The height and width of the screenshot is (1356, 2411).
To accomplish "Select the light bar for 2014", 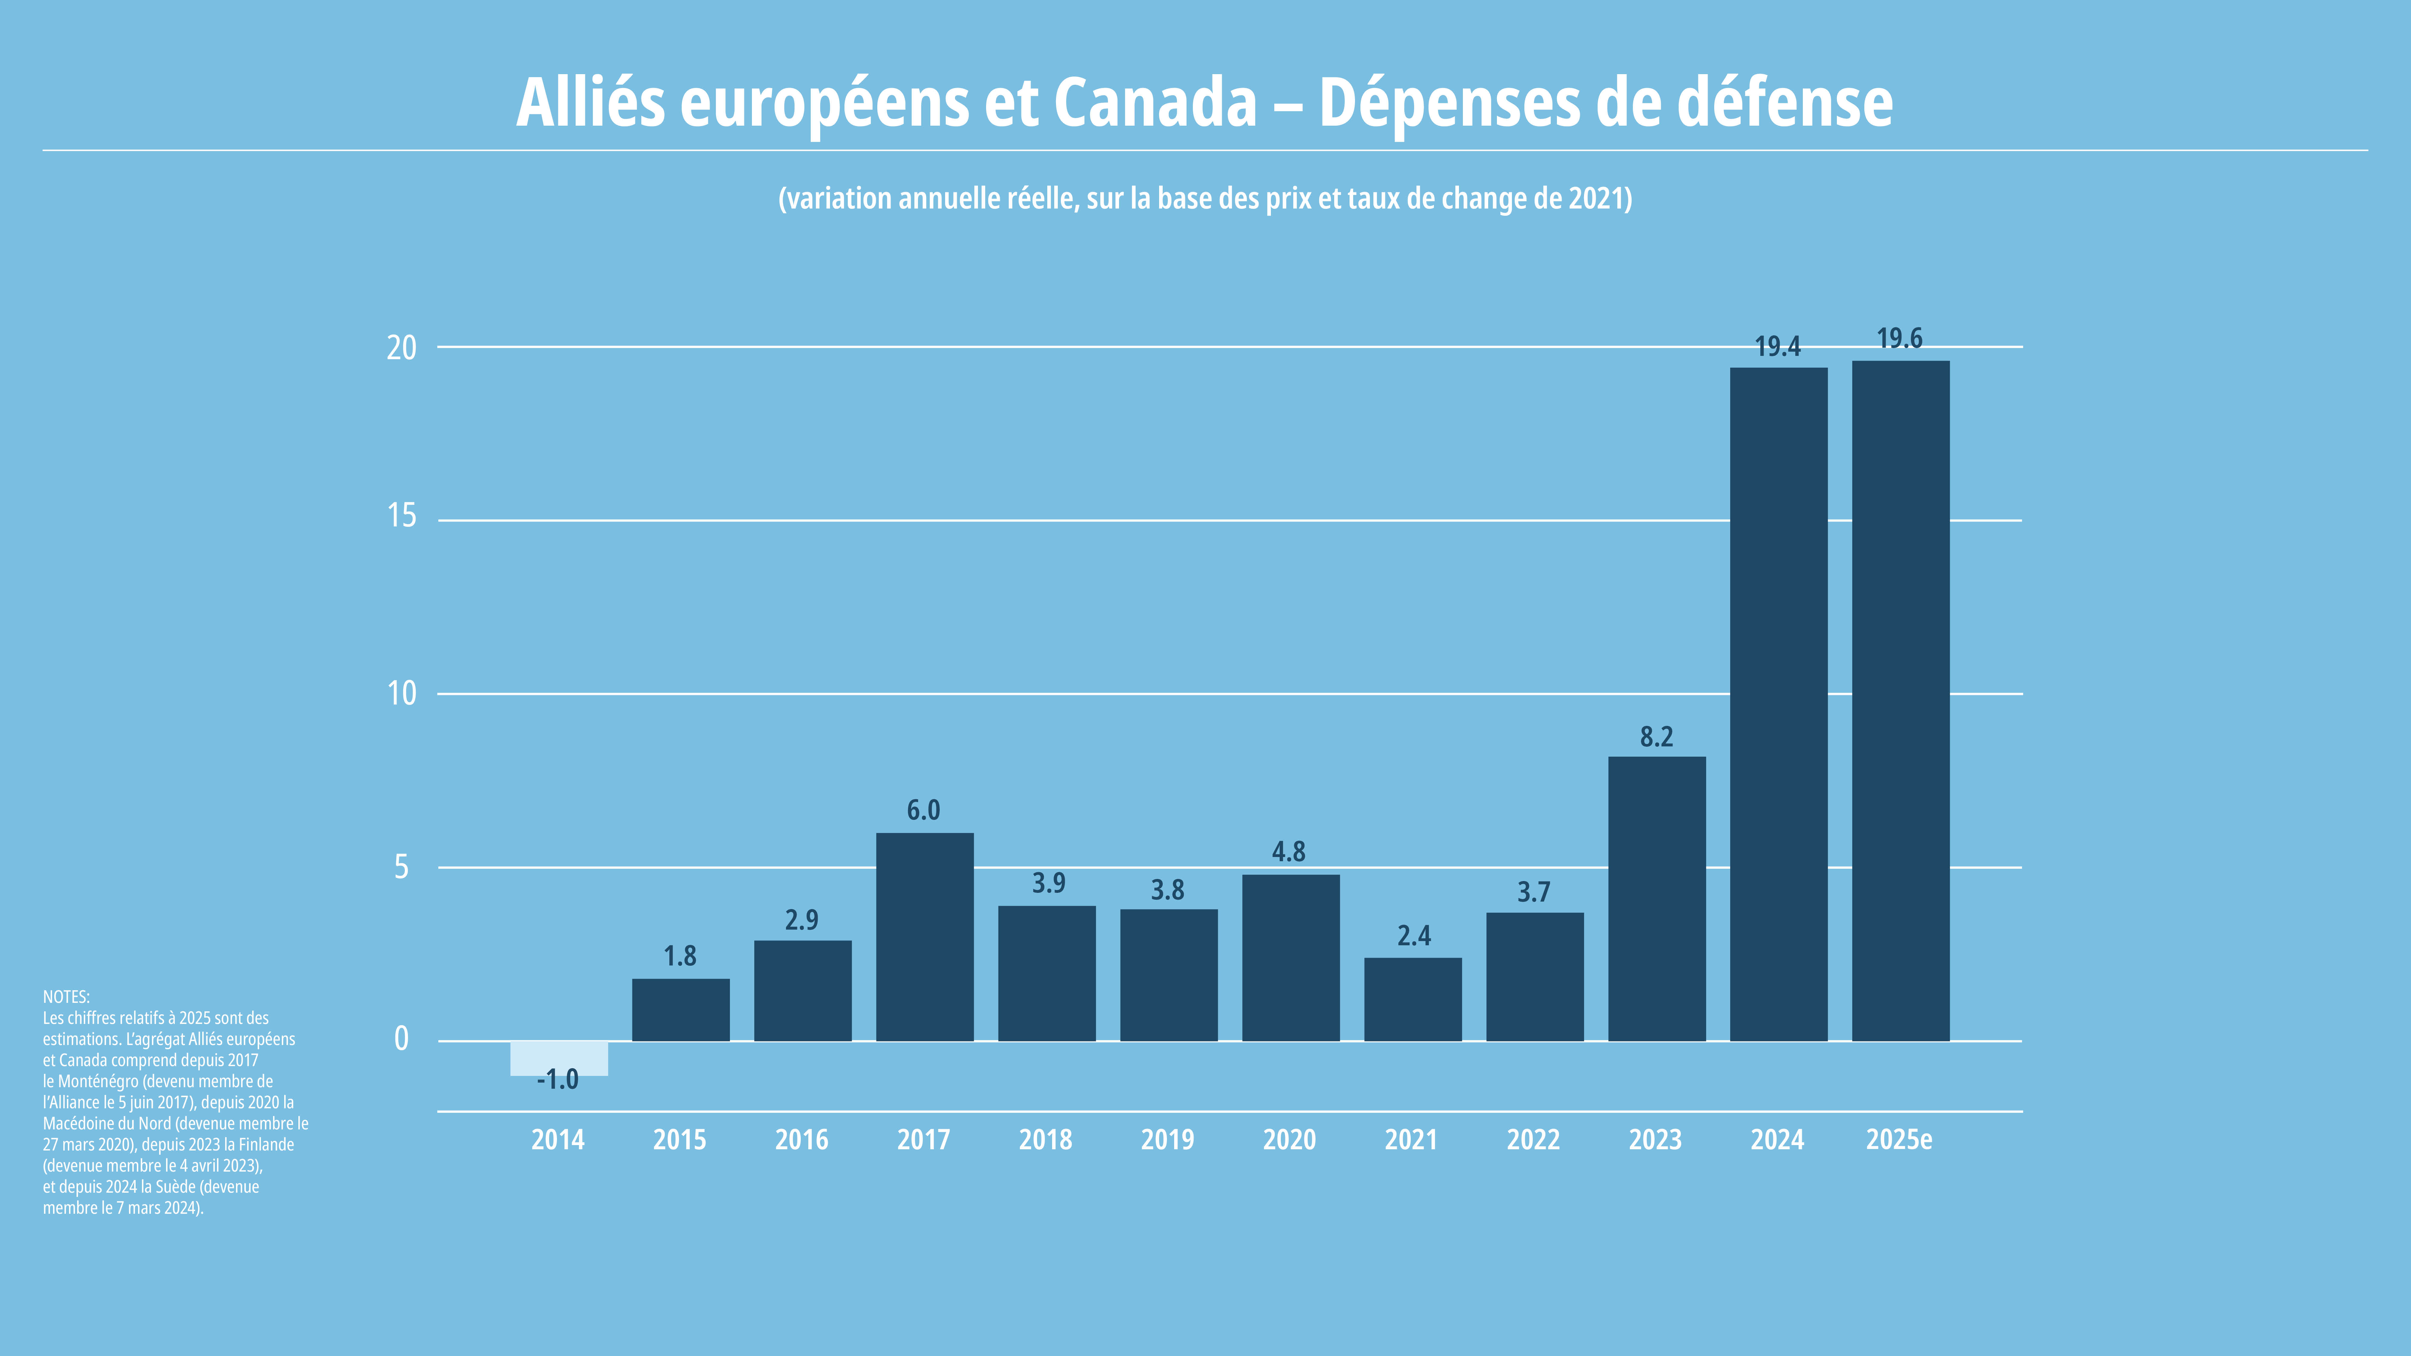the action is (559, 1058).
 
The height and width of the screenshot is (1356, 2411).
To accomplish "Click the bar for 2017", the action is (925, 937).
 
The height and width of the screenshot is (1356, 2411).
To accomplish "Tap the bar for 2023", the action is (1657, 898).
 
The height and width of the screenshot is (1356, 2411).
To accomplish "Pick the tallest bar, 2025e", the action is (1901, 701).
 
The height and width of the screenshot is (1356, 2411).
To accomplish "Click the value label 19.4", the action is (1778, 347).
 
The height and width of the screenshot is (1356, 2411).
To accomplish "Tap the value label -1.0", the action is (558, 1080).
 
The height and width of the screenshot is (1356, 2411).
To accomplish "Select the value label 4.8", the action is (1289, 852).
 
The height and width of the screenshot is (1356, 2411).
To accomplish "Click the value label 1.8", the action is (681, 956).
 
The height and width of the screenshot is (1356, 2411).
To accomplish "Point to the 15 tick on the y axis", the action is (401, 516).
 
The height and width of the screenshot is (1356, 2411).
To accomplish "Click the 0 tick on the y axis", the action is (401, 1039).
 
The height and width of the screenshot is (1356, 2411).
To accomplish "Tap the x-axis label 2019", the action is (1167, 1140).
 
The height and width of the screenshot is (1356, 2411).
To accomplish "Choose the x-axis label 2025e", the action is (1899, 1140).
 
